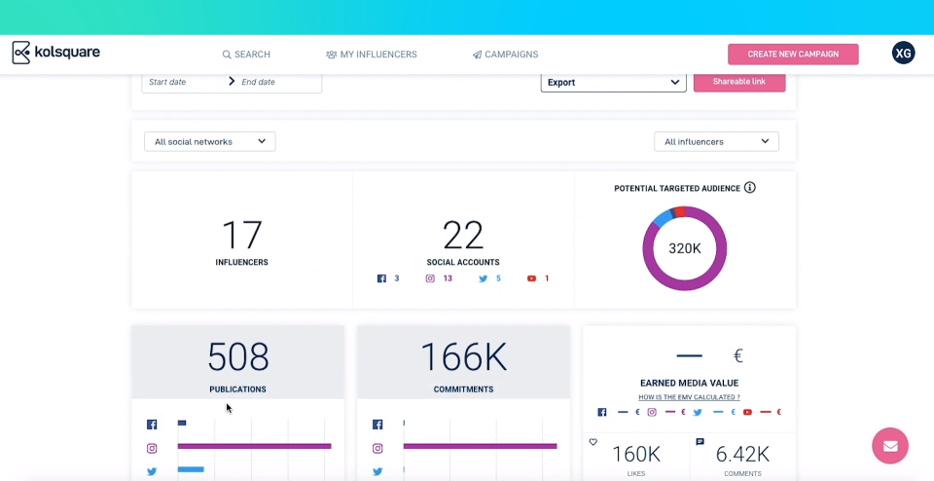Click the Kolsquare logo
(x=55, y=53)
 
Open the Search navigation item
(x=246, y=55)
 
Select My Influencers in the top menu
(x=372, y=55)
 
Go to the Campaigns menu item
(x=505, y=55)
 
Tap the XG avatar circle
(x=903, y=54)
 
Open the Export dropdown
(x=613, y=82)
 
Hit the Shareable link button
(x=738, y=82)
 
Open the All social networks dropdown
(x=209, y=141)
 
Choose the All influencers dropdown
(x=716, y=141)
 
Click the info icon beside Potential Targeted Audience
(x=749, y=188)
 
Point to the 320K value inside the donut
(x=685, y=248)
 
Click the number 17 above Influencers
(x=241, y=236)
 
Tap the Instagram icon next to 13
(x=430, y=278)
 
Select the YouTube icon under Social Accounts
(x=531, y=278)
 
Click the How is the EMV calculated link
(x=689, y=397)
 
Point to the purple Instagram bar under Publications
(x=254, y=446)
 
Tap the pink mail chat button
(x=889, y=446)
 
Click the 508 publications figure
(x=237, y=357)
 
